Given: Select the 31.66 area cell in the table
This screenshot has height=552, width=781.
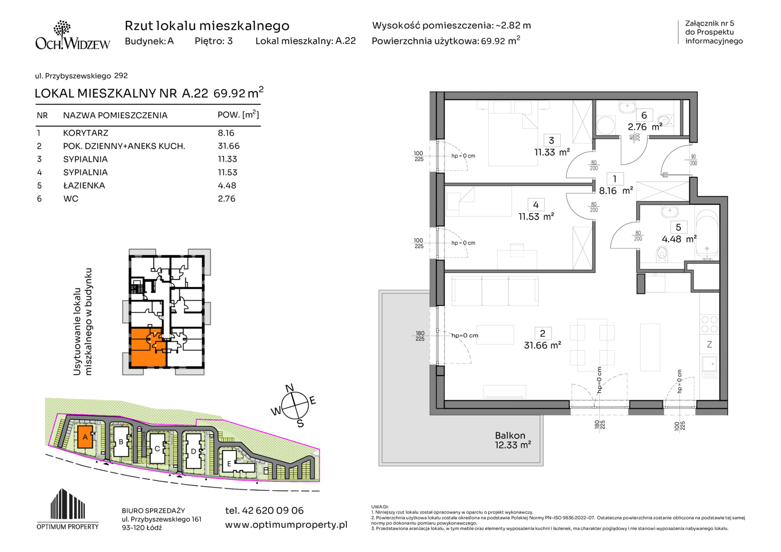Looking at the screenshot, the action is (228, 146).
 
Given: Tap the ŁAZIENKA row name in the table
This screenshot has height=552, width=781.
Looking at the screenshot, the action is (84, 185).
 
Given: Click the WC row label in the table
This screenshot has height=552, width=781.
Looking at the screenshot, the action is (71, 198).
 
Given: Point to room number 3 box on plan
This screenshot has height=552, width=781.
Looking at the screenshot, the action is (551, 140).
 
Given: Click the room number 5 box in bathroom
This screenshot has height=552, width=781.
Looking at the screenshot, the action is (678, 227).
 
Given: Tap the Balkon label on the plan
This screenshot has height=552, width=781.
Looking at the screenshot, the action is (510, 435).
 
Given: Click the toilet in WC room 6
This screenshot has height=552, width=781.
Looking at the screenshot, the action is (665, 121).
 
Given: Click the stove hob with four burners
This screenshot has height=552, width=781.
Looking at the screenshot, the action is (709, 324).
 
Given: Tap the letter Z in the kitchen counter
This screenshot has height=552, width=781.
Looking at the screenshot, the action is (709, 344).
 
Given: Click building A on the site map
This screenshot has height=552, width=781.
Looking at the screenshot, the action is (85, 436).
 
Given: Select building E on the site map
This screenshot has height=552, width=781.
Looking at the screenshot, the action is (237, 462).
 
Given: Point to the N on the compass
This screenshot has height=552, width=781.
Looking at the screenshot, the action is (289, 388).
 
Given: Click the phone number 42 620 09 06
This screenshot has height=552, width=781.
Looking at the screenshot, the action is (264, 510).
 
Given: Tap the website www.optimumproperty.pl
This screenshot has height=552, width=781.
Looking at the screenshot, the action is (286, 525).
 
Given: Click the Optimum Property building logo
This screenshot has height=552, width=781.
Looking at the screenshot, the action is (67, 509).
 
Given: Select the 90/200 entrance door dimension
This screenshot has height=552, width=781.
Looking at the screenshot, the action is (693, 159).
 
